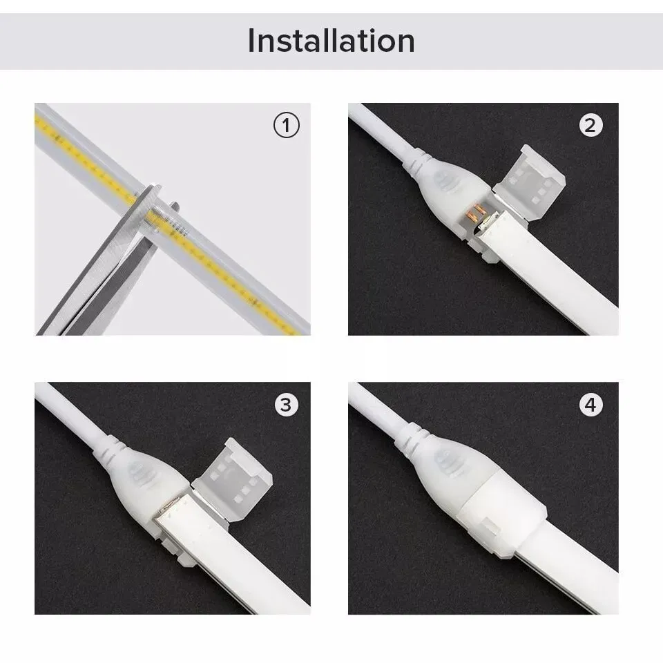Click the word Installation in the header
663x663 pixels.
click(331, 41)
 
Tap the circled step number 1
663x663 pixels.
click(287, 126)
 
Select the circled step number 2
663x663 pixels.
click(590, 126)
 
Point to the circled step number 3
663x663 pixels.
click(287, 405)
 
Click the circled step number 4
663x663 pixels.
click(590, 405)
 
